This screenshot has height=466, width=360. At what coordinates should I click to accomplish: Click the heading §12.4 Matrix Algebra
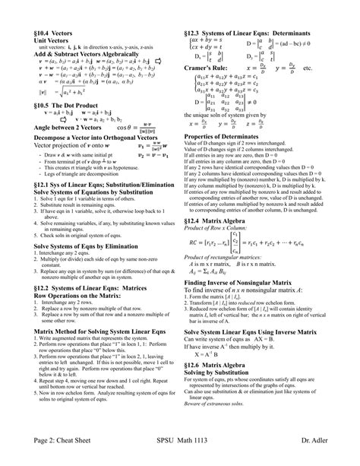[223, 222]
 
